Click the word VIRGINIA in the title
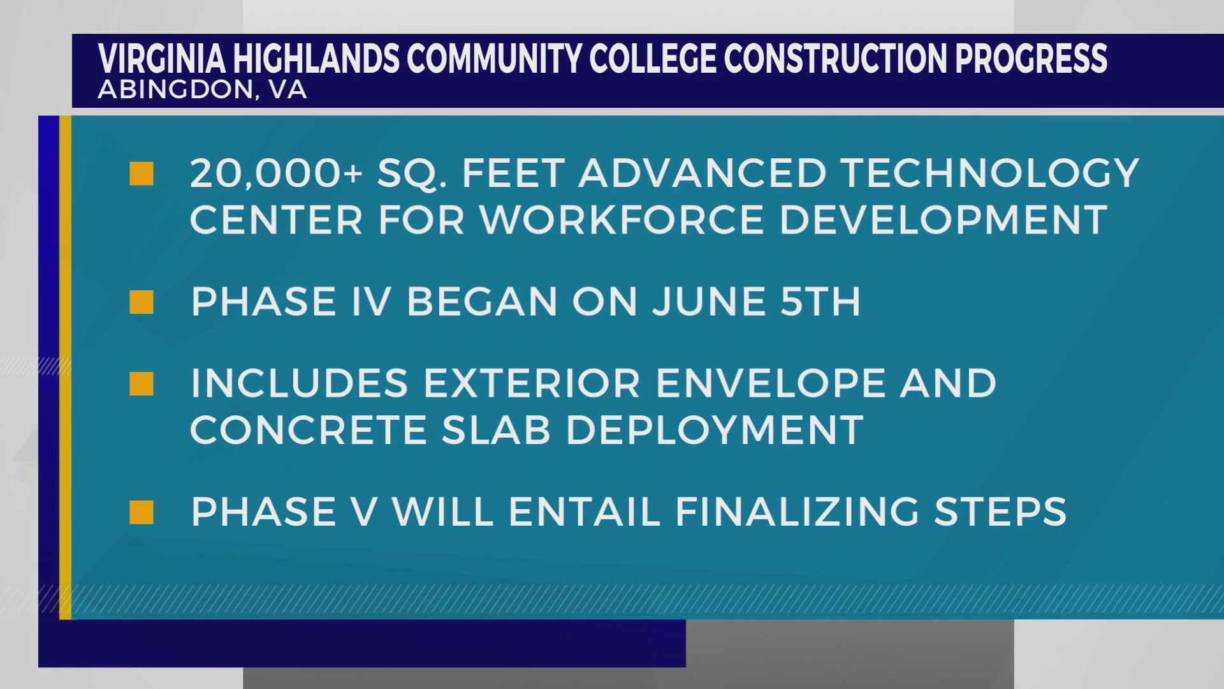(x=162, y=59)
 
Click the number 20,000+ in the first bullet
(x=276, y=174)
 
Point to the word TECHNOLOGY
(x=989, y=174)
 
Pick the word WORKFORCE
(x=622, y=220)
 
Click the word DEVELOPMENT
(x=943, y=220)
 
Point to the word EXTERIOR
(x=532, y=383)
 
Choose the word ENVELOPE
(x=771, y=383)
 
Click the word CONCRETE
(x=309, y=430)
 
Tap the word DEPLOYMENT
(x=715, y=430)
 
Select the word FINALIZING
(x=797, y=512)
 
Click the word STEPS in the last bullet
(x=1000, y=512)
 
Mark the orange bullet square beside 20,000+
(x=142, y=174)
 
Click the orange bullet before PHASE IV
(x=142, y=302)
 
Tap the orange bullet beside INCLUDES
(x=142, y=383)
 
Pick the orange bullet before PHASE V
(x=142, y=512)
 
